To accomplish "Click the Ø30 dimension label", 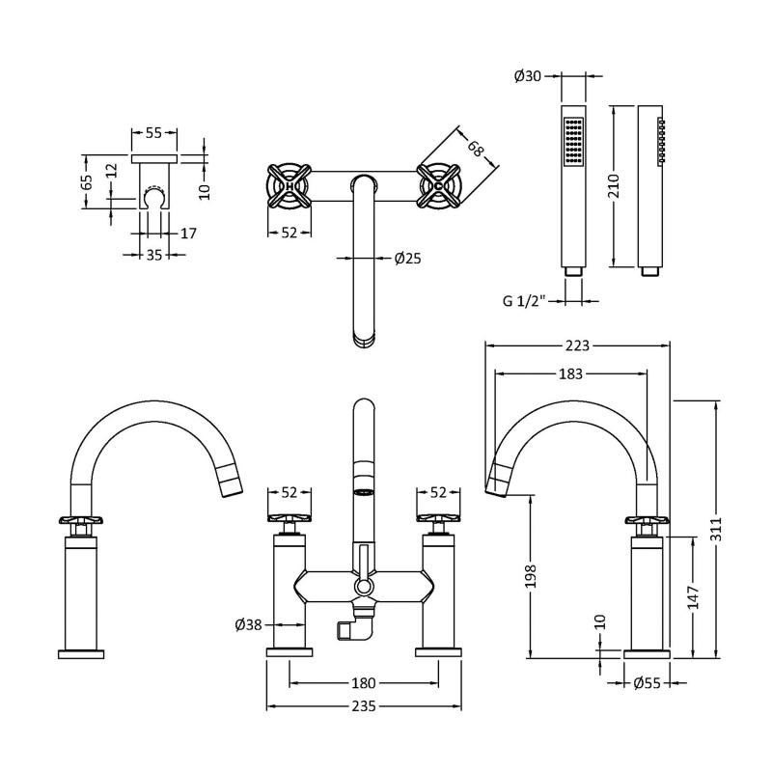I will [x=527, y=77].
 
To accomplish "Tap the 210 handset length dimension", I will [x=609, y=185].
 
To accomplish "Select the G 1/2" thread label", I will [x=525, y=300].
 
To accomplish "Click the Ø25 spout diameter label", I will [x=407, y=258].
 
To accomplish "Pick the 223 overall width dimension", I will [x=576, y=345].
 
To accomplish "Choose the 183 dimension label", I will [x=570, y=374].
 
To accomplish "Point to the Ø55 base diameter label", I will [x=648, y=684].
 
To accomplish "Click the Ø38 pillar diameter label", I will [x=248, y=624].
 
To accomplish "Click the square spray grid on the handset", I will [x=574, y=144].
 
